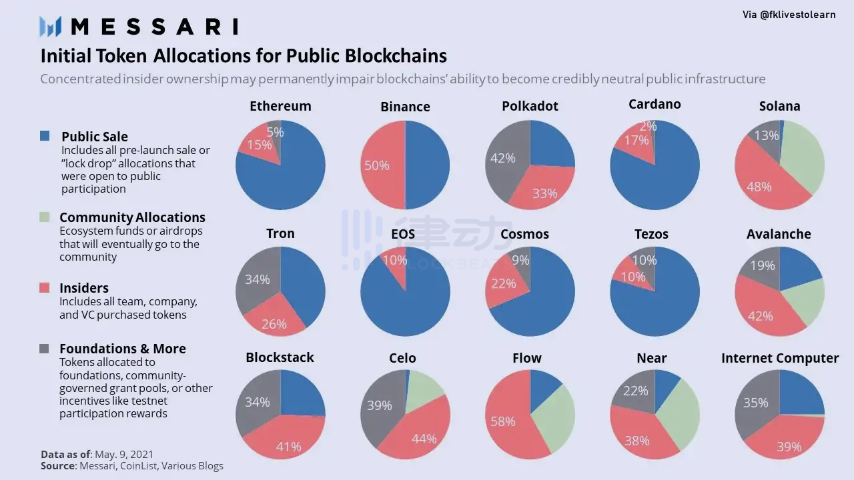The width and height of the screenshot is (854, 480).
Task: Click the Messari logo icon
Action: (x=50, y=26)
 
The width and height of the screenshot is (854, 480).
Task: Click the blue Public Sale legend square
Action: (x=45, y=136)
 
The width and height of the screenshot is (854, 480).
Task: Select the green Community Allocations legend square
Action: (x=45, y=217)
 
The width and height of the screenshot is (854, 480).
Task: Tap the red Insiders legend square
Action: (x=45, y=288)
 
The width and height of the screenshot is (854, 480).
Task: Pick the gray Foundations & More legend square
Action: (x=45, y=349)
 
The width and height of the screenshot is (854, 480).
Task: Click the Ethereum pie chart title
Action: (x=280, y=106)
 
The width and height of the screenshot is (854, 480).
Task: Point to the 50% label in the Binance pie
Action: (x=376, y=165)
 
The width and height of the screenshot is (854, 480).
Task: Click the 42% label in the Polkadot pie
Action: (x=502, y=158)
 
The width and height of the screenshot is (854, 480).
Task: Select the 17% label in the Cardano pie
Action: (x=636, y=141)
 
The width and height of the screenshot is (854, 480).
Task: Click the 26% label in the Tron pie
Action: (x=274, y=324)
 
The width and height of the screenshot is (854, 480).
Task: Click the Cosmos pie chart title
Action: (x=524, y=234)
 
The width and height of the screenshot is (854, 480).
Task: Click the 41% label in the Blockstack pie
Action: (x=288, y=447)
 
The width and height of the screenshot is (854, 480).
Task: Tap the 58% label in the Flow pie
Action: (x=502, y=421)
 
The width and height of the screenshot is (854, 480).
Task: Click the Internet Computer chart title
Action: (x=780, y=358)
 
